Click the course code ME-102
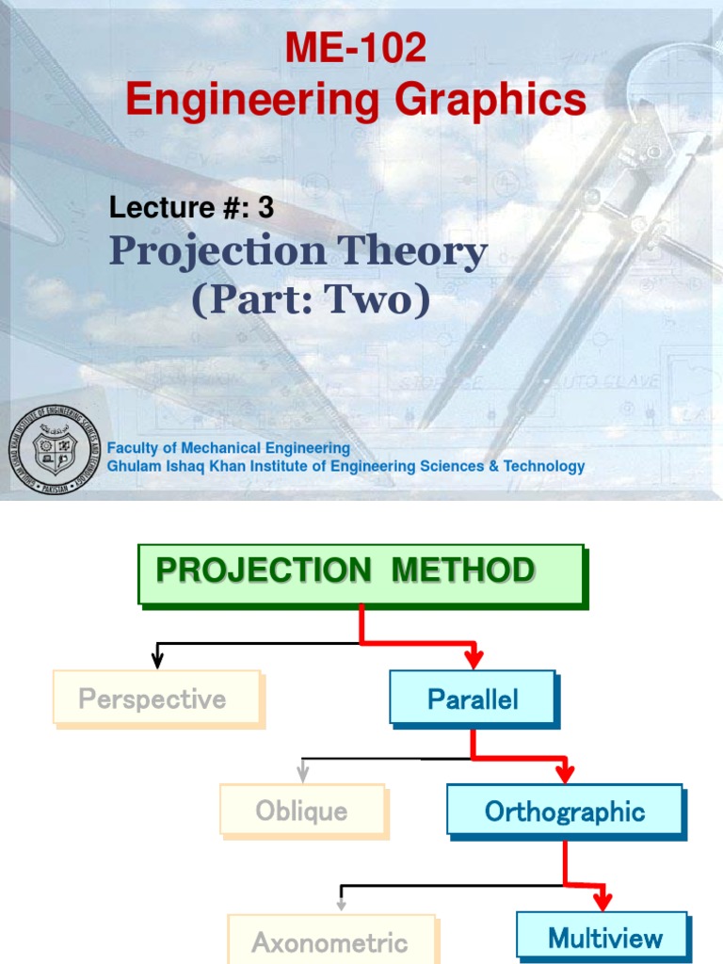356,49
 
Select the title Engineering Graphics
356,99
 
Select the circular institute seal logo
54,449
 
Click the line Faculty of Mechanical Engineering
229,448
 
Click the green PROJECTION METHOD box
361,572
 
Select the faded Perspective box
155,698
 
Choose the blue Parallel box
473,698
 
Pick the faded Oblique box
301,810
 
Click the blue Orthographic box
565,811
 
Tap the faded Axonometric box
330,940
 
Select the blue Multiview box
602,937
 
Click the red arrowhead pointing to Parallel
473,658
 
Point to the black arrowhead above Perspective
158,661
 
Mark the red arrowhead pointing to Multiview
602,901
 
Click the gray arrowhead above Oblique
302,774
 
